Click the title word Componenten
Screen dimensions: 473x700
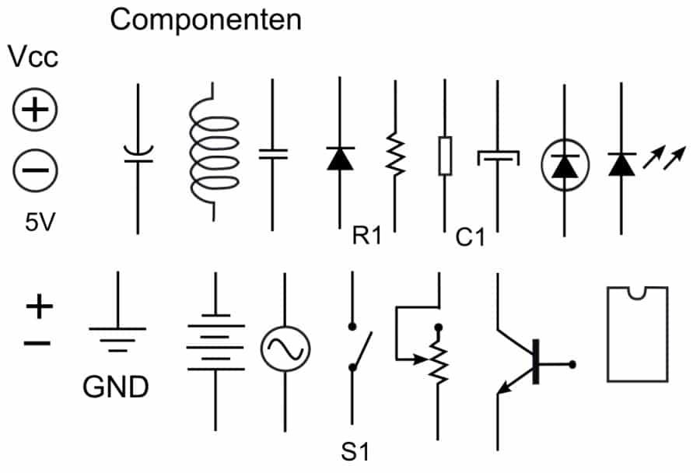tap(205, 19)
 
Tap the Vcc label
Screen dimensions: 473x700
tap(33, 58)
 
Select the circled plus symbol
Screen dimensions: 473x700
tap(34, 111)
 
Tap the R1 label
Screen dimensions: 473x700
tap(367, 236)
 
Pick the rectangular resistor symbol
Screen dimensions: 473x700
tap(445, 156)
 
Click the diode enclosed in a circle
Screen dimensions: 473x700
tap(565, 164)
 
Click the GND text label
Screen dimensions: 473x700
tap(115, 387)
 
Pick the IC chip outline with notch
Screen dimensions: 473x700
tap(637, 334)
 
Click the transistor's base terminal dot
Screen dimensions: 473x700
tap(573, 363)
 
